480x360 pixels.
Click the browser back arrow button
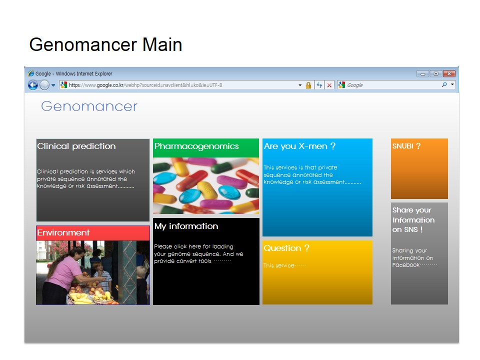pyautogui.click(x=33, y=85)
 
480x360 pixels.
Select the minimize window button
pyautogui.click(x=423, y=74)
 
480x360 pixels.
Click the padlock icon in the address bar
pyautogui.click(x=308, y=85)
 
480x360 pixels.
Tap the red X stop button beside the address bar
pyautogui.click(x=329, y=85)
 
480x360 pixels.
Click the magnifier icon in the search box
pyautogui.click(x=444, y=84)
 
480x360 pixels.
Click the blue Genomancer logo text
pyautogui.click(x=89, y=106)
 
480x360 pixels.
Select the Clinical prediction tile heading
pyautogui.click(x=76, y=146)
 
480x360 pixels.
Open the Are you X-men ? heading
pyautogui.click(x=299, y=146)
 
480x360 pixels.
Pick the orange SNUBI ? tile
pyautogui.click(x=419, y=168)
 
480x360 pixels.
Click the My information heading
pyautogui.click(x=186, y=226)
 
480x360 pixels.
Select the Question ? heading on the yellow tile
pyautogui.click(x=286, y=248)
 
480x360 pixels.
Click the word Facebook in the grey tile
pyautogui.click(x=406, y=265)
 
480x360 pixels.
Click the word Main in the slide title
pyautogui.click(x=162, y=44)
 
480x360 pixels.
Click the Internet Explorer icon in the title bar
pyautogui.click(x=31, y=73)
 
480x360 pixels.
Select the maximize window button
pyautogui.click(x=436, y=74)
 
